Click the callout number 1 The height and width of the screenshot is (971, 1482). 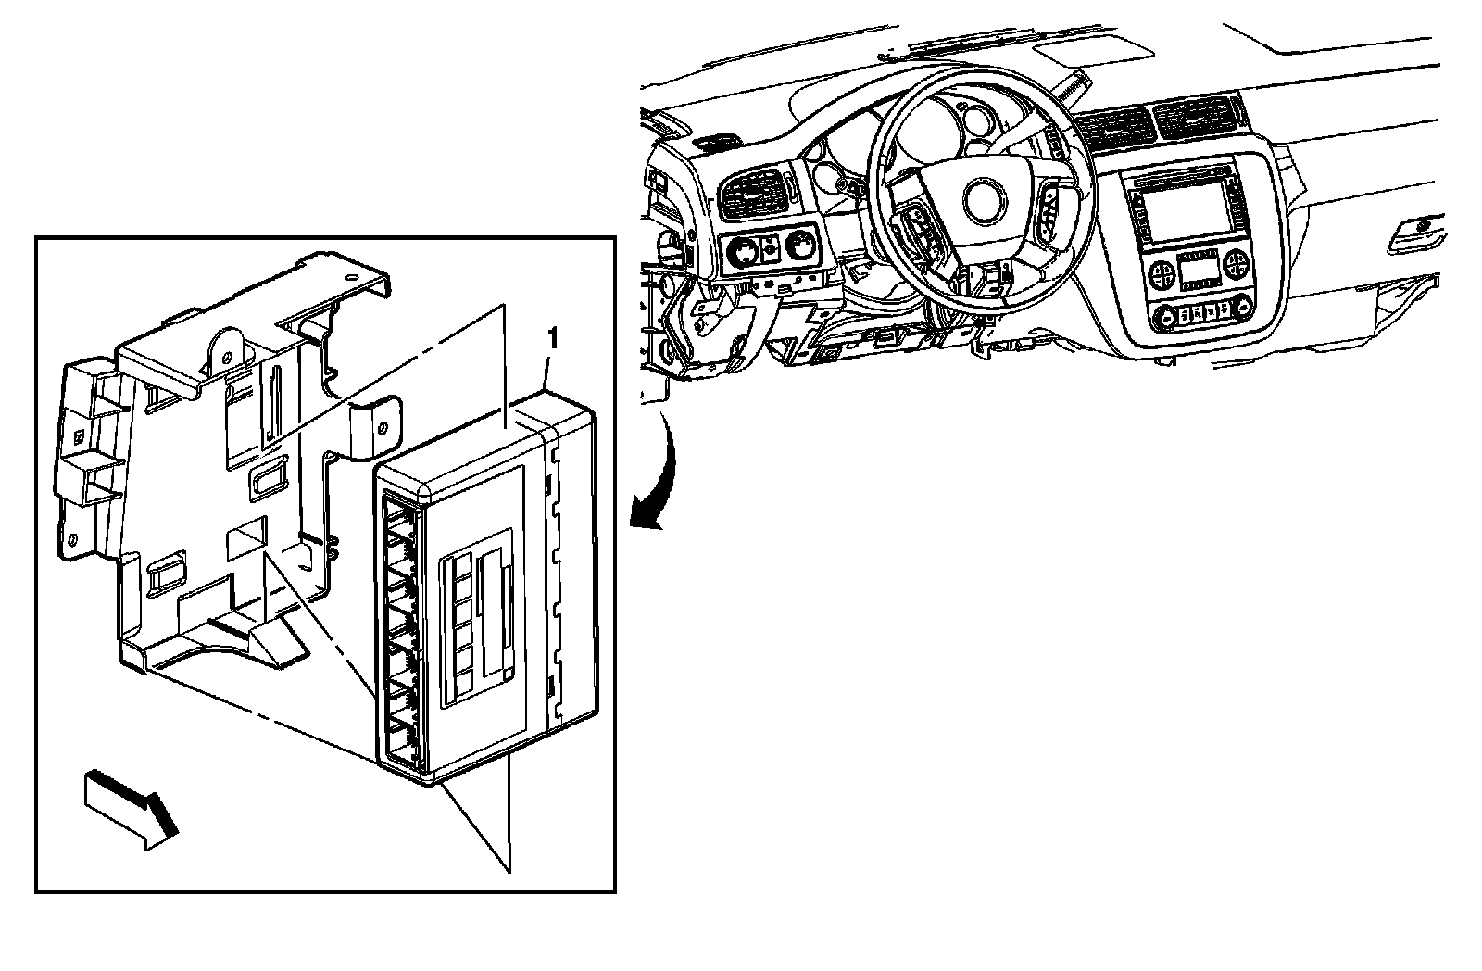552,340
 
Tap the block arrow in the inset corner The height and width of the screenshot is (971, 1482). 131,809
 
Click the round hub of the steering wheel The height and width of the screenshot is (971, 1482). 985,200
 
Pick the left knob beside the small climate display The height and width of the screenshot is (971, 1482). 1161,273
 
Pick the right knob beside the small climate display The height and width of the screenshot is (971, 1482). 1236,265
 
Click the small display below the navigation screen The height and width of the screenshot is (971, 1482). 1198,270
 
